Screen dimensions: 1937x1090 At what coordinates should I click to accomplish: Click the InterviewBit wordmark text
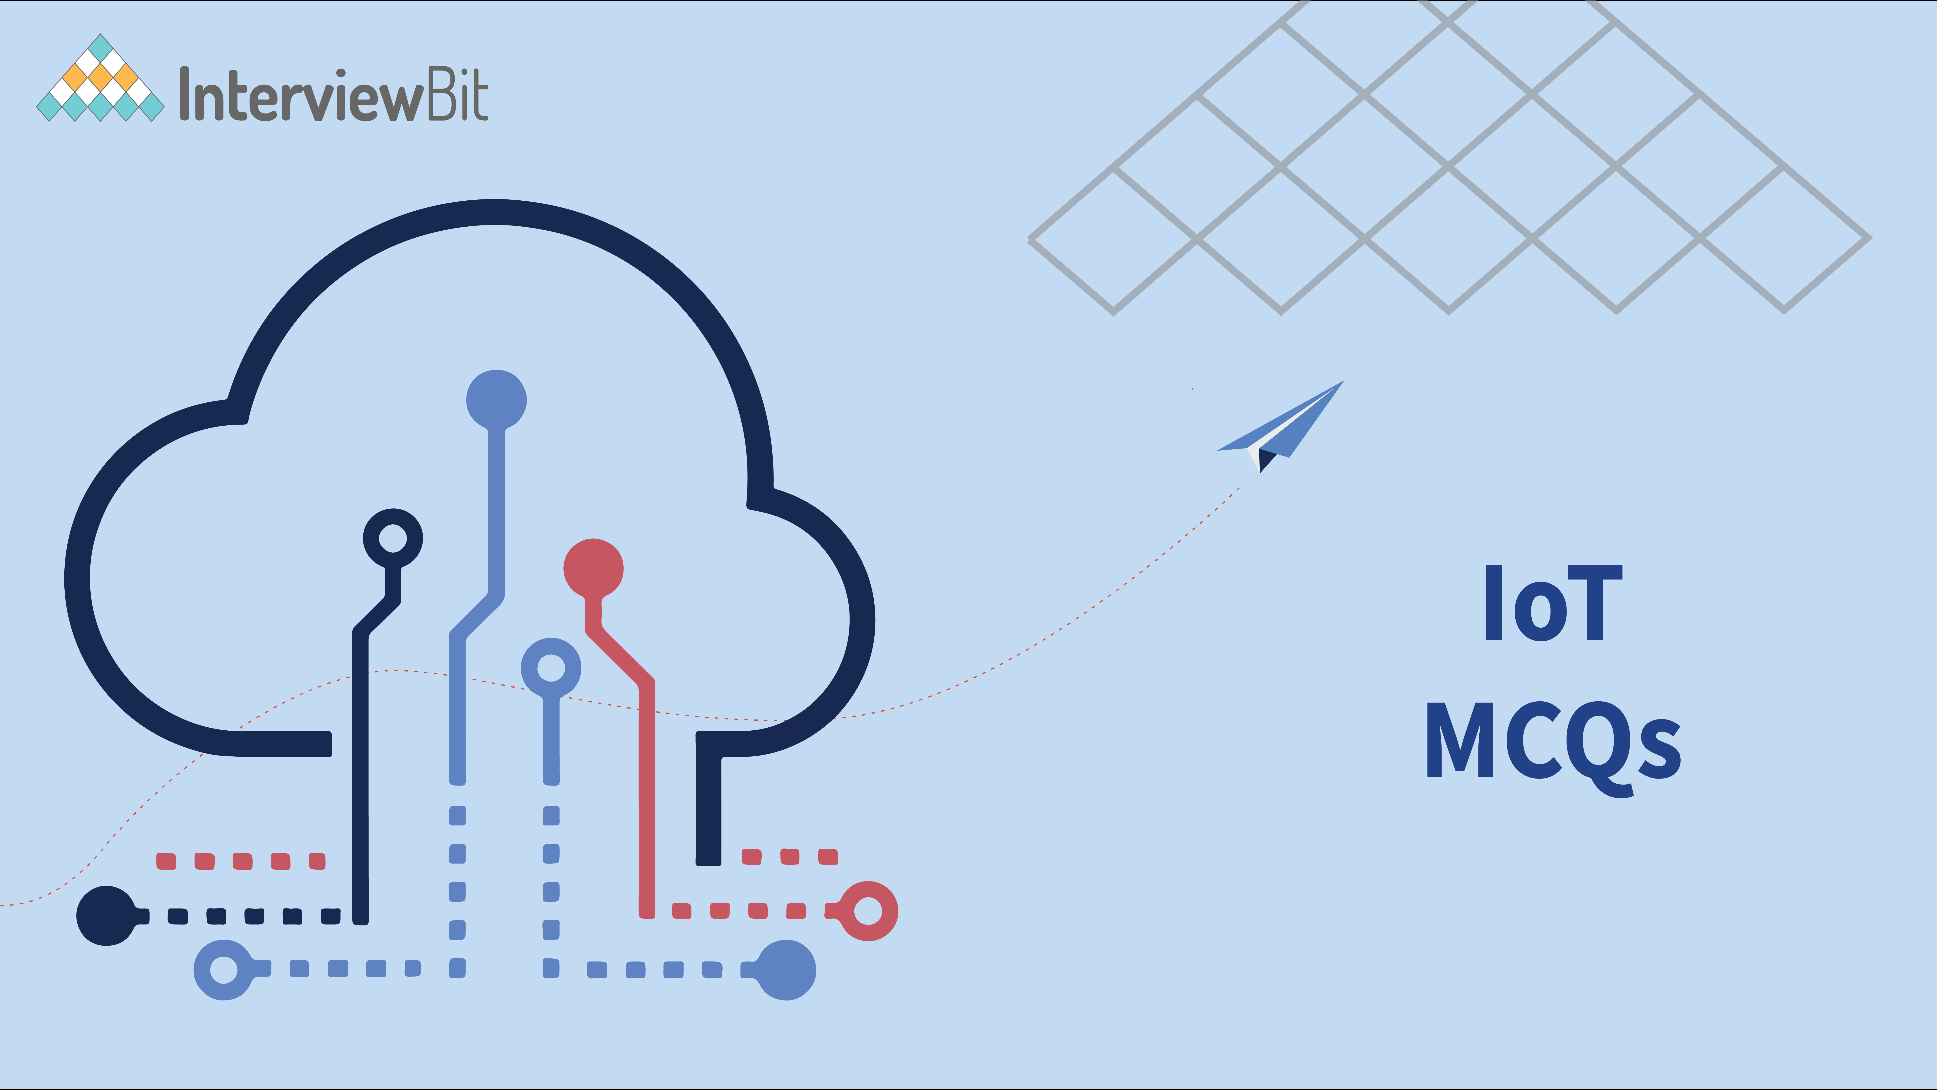point(334,94)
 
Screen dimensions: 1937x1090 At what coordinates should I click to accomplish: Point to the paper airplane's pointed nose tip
point(1344,381)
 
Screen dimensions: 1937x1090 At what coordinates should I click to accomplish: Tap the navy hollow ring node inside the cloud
point(393,539)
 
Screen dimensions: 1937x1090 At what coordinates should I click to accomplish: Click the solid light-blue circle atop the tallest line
point(496,399)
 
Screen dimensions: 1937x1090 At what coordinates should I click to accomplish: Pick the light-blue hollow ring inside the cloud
point(551,668)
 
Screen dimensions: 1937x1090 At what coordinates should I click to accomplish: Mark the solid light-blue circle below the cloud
point(786,970)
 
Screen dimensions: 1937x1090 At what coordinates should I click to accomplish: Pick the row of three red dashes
point(790,857)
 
